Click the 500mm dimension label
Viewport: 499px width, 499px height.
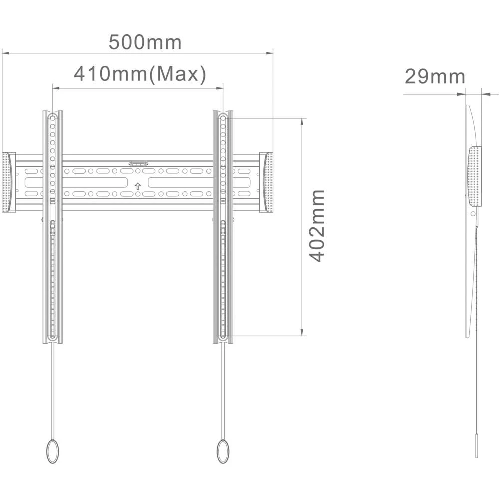tap(145, 42)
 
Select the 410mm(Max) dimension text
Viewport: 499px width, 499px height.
tap(140, 74)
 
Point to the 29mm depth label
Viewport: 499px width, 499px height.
tap(434, 77)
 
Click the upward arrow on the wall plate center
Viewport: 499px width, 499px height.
tap(138, 186)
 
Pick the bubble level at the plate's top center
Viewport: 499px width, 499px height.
tap(138, 163)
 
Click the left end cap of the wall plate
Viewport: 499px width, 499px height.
tap(8, 182)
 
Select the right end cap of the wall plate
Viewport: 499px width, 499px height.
tap(267, 182)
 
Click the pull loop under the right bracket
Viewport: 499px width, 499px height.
tap(223, 452)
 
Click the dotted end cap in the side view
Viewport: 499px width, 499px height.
tap(474, 176)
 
